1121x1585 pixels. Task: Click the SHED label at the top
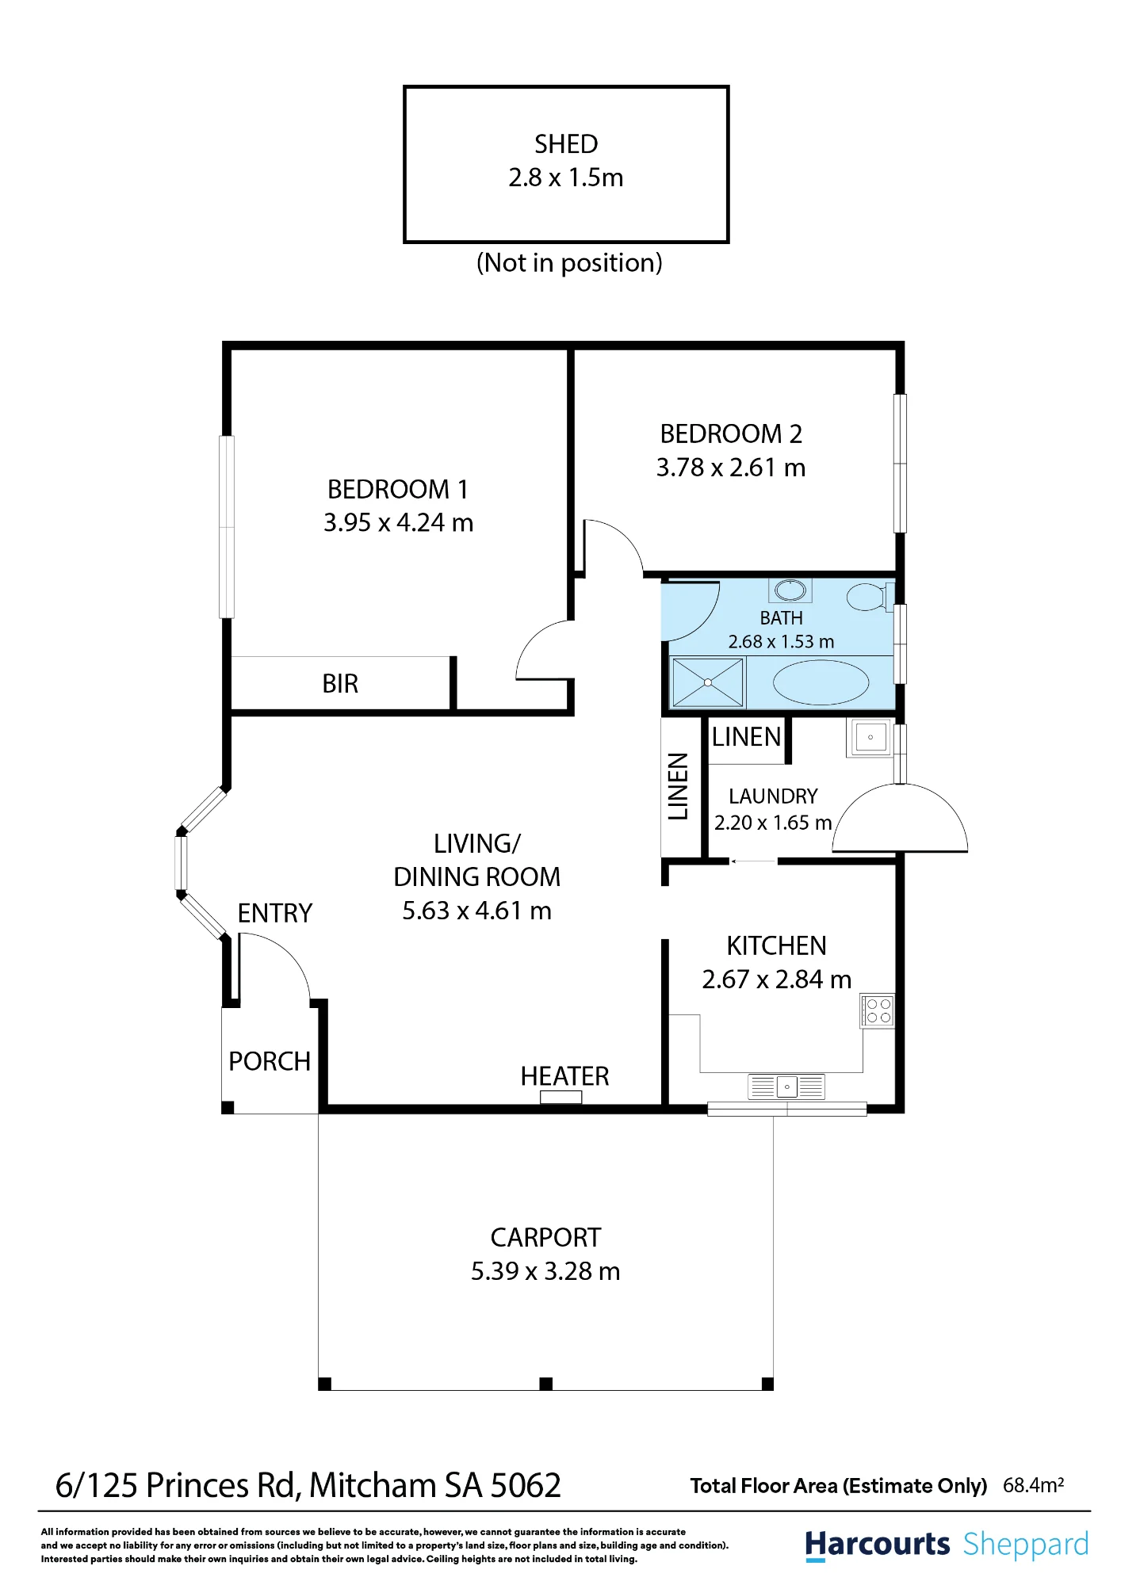coord(566,144)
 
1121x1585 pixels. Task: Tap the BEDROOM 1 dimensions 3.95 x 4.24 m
coord(398,523)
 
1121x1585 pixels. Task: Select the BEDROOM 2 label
coord(731,434)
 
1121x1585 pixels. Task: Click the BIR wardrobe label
coord(340,684)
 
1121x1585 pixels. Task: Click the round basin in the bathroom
coord(790,590)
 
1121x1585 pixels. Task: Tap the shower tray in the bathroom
coord(707,682)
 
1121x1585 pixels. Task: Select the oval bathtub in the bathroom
coord(821,682)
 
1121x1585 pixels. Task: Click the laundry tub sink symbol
coord(870,737)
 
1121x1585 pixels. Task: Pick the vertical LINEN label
coord(678,786)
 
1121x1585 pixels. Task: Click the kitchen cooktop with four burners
coord(878,1011)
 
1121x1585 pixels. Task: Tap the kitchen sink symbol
coord(786,1087)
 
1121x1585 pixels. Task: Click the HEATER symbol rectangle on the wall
coord(561,1097)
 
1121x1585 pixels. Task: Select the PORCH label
coord(270,1062)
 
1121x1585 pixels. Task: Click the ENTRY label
coord(275,914)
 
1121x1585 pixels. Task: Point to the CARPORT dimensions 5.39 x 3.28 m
coord(545,1271)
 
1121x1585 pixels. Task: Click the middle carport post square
coord(545,1384)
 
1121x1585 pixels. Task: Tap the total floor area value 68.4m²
coord(1033,1485)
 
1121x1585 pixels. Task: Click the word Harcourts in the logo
coord(877,1545)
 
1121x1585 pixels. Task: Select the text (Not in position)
coord(569,263)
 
